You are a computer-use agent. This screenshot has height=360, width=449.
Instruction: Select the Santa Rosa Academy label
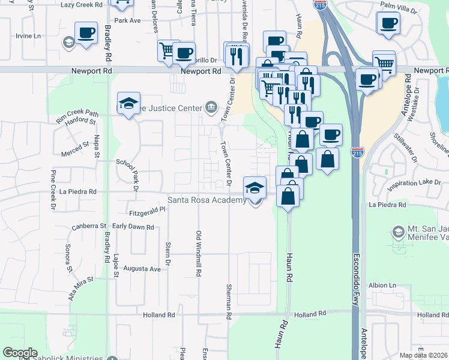point(206,200)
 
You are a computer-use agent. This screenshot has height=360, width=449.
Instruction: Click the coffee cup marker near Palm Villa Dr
point(388,22)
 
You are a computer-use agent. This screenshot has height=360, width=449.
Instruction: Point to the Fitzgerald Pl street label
point(147,212)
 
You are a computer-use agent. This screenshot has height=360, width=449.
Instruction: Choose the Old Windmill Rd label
point(198,253)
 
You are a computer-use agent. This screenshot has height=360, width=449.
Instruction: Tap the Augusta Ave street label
point(143,269)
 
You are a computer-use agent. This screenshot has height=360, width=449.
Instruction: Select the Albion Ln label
point(384,285)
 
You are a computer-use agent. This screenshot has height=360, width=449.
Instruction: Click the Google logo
point(20,353)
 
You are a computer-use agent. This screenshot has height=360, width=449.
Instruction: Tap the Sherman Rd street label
point(229,301)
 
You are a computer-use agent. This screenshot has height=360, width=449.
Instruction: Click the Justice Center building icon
point(211,108)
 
